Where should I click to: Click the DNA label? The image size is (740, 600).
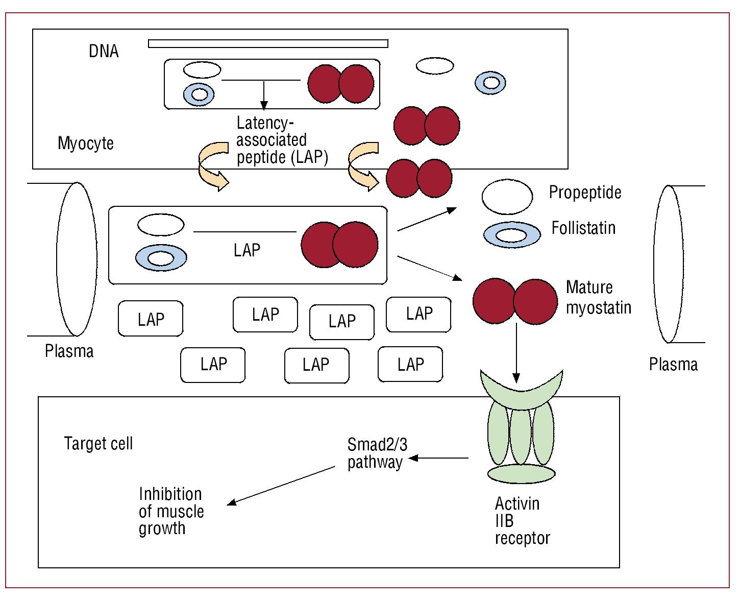click(x=104, y=51)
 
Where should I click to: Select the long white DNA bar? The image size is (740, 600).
click(x=268, y=43)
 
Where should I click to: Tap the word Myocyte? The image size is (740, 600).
click(x=86, y=143)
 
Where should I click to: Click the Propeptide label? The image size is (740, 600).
click(x=585, y=193)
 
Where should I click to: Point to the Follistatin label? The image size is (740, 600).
click(x=583, y=228)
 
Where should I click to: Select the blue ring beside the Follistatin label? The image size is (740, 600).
click(x=512, y=235)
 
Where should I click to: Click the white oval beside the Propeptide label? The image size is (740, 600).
click(x=507, y=197)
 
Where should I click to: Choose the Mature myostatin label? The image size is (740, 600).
click(x=598, y=297)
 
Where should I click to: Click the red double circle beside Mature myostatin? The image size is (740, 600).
click(x=515, y=301)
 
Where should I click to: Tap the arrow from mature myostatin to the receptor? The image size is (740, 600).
click(x=516, y=352)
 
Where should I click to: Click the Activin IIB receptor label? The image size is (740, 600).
click(x=522, y=521)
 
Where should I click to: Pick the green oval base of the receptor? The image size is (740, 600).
click(x=521, y=474)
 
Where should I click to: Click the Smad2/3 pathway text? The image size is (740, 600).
click(x=377, y=453)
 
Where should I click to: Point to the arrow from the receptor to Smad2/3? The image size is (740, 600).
click(x=439, y=458)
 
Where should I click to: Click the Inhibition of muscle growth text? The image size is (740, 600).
click(x=171, y=511)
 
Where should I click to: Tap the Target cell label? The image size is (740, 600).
click(x=98, y=443)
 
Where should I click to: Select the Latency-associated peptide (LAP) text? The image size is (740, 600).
click(x=282, y=140)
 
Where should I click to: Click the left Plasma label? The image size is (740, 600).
click(x=69, y=351)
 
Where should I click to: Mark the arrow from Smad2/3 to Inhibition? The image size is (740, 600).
click(x=281, y=485)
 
